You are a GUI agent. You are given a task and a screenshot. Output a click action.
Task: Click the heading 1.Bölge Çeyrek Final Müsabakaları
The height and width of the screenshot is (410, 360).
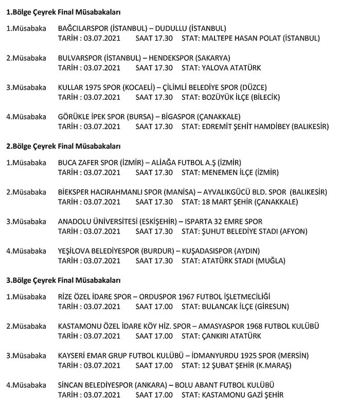[x=63, y=11]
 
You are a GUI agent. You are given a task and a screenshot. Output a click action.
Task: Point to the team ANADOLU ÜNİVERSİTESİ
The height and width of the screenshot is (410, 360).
[x=98, y=222]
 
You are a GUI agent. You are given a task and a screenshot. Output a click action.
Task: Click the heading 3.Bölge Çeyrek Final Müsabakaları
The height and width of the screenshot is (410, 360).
[x=63, y=281]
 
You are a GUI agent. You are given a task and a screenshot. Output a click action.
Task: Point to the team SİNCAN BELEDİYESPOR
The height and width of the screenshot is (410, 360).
[x=95, y=385]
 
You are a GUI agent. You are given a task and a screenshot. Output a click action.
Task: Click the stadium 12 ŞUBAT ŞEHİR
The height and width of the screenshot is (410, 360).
[x=228, y=365]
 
